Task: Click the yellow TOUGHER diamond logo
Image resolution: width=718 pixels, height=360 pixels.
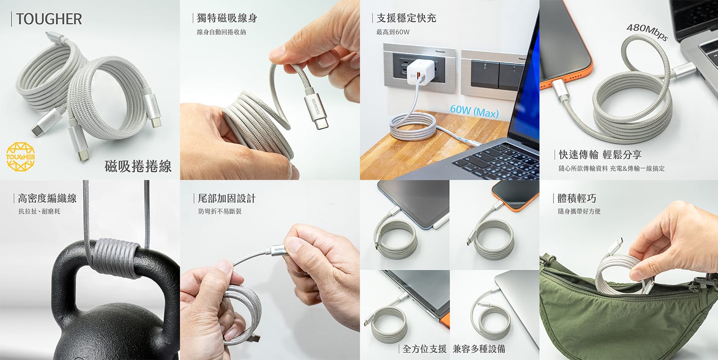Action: [x=20, y=157]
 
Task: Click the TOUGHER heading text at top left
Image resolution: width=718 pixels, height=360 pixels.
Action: [x=49, y=19]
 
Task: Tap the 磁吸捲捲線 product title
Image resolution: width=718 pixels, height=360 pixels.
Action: [x=138, y=166]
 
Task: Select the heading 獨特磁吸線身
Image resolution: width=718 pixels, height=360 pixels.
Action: [x=227, y=18]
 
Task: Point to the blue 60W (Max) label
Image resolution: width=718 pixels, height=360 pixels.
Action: [x=474, y=112]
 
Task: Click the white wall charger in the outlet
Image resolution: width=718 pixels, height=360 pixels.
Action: [x=420, y=71]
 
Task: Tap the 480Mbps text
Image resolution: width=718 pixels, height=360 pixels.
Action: [x=648, y=32]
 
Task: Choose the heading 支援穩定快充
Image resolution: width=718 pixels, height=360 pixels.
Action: [x=406, y=18]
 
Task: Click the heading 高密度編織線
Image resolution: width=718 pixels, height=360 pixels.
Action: [x=47, y=198]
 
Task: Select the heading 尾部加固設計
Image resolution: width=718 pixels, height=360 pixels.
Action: [x=226, y=198]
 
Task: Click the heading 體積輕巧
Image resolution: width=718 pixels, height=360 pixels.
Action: [x=577, y=198]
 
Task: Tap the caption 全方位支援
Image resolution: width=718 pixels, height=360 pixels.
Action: [x=424, y=349]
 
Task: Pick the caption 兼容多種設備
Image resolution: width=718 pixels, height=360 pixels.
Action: [x=479, y=349]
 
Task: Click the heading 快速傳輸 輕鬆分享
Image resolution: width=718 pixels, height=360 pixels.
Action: [x=600, y=155]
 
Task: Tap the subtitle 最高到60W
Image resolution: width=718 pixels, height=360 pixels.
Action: [x=393, y=32]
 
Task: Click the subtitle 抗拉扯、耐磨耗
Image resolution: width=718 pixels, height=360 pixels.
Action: [x=39, y=211]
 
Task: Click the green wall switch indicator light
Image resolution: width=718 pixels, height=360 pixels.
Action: [x=485, y=66]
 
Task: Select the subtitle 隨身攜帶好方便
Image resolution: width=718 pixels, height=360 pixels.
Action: [x=579, y=211]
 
